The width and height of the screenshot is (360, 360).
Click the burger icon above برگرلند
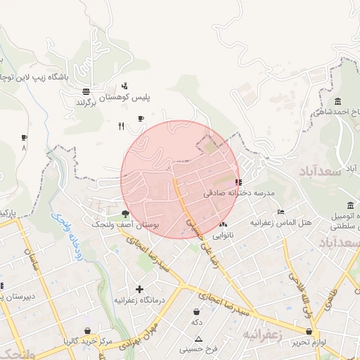click(x=86, y=92)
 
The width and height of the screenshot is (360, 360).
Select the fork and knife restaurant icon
click(x=121, y=127)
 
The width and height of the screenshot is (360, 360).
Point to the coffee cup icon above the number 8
click(x=25, y=138)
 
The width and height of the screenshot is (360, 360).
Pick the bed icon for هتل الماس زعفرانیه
click(x=281, y=212)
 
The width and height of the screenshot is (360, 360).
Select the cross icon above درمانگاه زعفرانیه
click(x=139, y=289)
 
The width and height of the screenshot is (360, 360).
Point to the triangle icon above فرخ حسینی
click(x=199, y=338)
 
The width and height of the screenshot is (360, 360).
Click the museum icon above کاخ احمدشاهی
click(x=338, y=101)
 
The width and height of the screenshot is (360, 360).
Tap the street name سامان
click(x=32, y=259)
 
